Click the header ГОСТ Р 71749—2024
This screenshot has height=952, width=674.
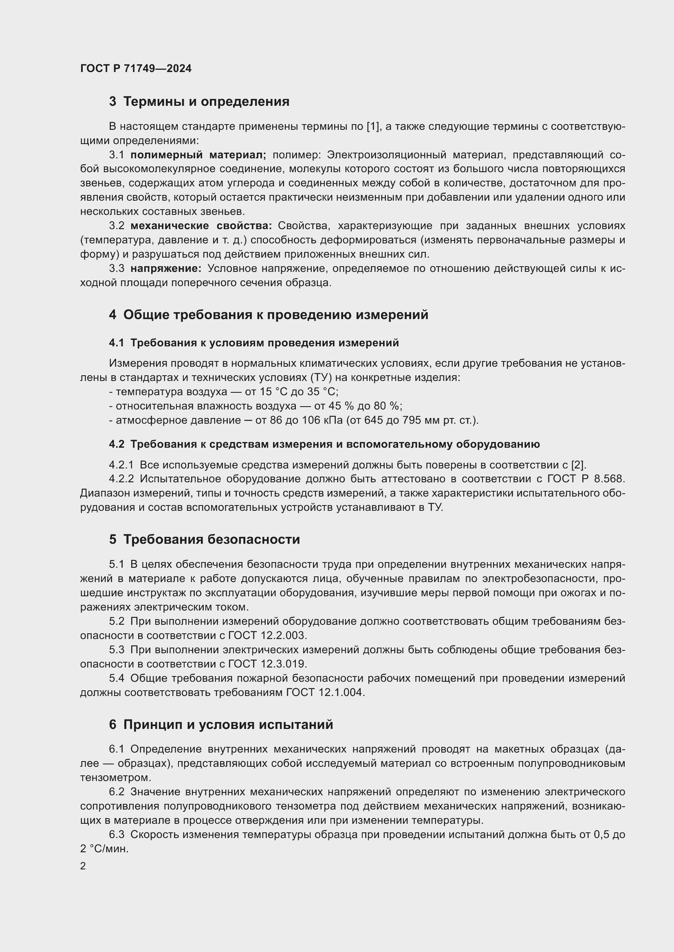click(x=136, y=68)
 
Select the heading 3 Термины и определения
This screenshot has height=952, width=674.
click(x=199, y=101)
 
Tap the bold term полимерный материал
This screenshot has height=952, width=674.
click(x=198, y=155)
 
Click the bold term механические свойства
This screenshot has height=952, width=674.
click(x=201, y=225)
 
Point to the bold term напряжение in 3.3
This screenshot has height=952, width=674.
click(x=165, y=268)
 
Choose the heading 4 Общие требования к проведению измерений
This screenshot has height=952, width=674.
click(x=269, y=314)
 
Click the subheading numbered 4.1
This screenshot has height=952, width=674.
click(x=253, y=342)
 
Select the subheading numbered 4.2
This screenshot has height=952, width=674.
click(x=324, y=444)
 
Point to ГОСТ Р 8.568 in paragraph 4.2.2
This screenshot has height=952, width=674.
click(x=586, y=479)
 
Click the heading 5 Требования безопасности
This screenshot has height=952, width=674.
click(x=204, y=539)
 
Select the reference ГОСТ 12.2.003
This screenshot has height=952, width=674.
click(x=267, y=635)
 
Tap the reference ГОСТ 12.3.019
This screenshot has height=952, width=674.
click(x=267, y=663)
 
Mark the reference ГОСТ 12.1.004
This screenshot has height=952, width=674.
click(x=325, y=692)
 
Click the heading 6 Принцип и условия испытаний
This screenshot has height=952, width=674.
click(x=221, y=724)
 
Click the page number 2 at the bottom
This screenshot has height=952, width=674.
click(x=83, y=866)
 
